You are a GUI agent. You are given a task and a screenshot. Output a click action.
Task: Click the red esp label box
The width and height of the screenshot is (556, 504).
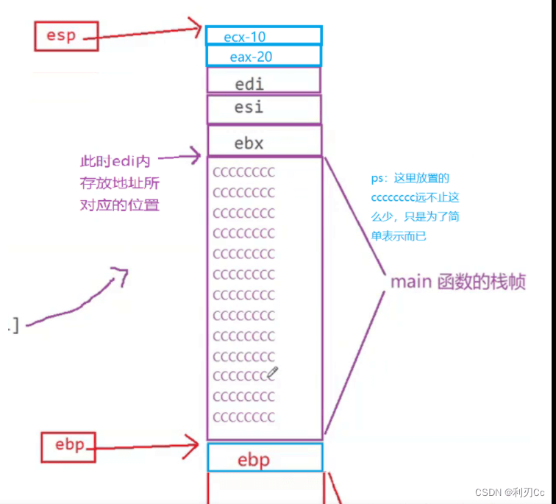pyautogui.click(x=65, y=35)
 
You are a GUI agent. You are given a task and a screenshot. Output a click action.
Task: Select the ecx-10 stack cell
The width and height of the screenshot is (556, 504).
pyautogui.click(x=263, y=35)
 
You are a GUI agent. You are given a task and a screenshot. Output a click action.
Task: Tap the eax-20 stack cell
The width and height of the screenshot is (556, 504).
pyautogui.click(x=263, y=56)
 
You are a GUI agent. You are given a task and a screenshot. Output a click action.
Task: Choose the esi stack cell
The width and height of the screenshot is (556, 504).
pyautogui.click(x=263, y=109)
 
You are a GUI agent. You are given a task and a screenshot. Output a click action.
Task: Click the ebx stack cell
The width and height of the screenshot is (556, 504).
pyautogui.click(x=263, y=142)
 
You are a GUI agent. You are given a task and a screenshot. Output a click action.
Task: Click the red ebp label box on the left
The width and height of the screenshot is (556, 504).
pyautogui.click(x=68, y=446)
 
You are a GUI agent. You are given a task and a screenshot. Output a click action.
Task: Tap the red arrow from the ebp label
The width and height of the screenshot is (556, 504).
pyautogui.click(x=147, y=445)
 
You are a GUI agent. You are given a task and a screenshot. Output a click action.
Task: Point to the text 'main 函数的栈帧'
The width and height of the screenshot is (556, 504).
pyautogui.click(x=457, y=283)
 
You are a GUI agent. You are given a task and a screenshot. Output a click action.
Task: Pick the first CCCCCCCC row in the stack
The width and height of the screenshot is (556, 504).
pyautogui.click(x=243, y=173)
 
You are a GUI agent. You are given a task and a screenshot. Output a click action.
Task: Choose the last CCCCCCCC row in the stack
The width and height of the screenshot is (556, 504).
pyautogui.click(x=243, y=417)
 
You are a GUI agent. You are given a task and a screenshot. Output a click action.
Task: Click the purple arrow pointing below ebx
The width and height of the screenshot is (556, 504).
pyautogui.click(x=180, y=156)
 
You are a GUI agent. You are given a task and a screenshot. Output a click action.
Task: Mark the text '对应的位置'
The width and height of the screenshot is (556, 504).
pyautogui.click(x=119, y=205)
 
